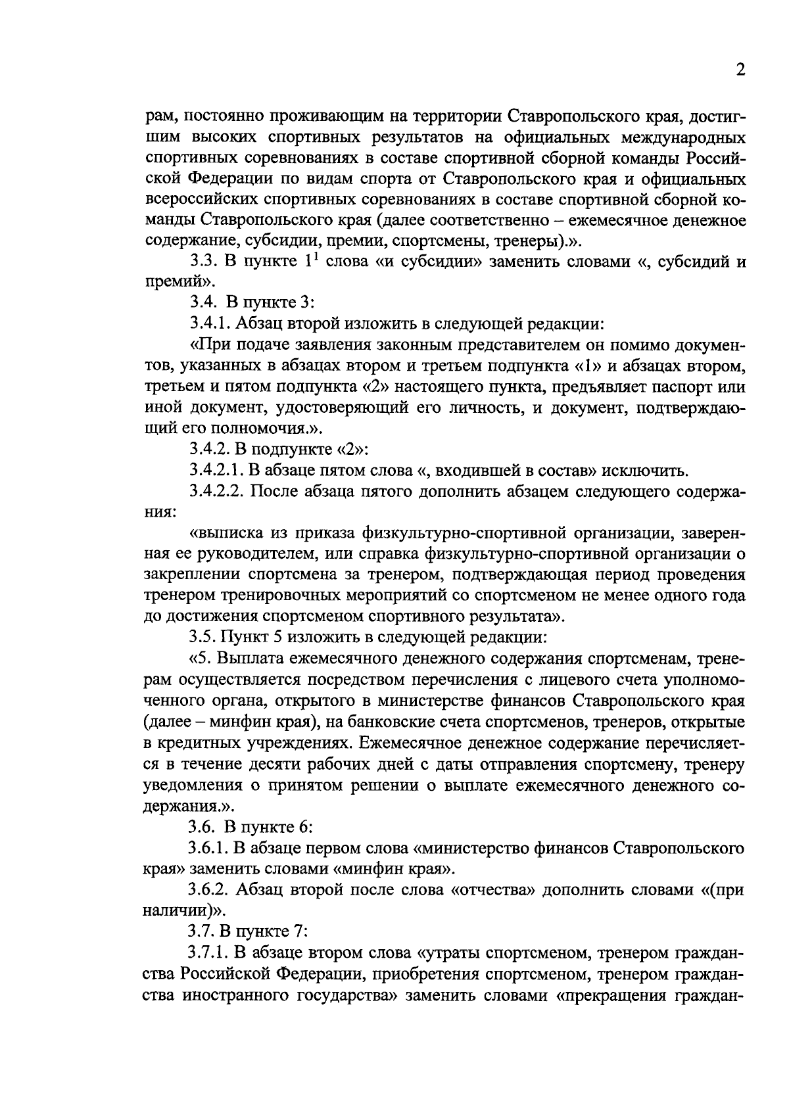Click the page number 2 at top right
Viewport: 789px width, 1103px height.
tap(740, 71)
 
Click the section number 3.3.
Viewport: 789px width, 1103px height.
tap(203, 261)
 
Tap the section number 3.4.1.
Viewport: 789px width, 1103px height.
tap(208, 323)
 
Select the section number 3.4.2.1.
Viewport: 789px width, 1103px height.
tap(216, 470)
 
